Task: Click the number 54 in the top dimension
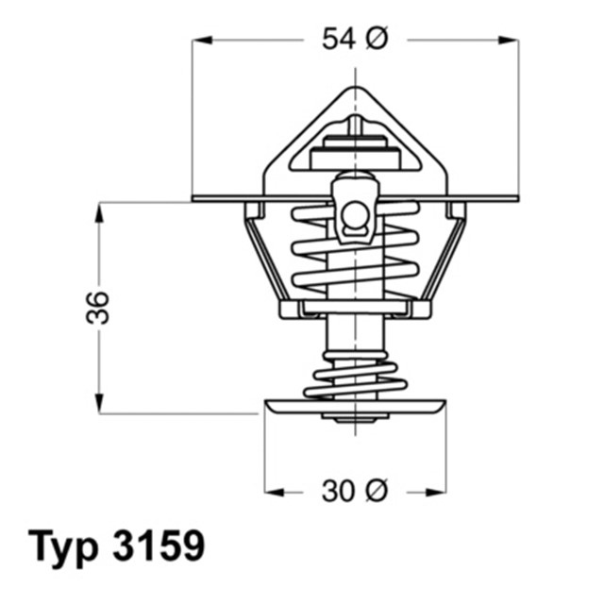pyautogui.click(x=339, y=40)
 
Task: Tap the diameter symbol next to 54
pyautogui.click(x=376, y=40)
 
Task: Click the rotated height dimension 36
pyautogui.click(x=98, y=308)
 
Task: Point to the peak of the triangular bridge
pyautogui.click(x=355, y=89)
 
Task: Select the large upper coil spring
pyautogui.click(x=355, y=250)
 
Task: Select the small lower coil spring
pyautogui.click(x=355, y=376)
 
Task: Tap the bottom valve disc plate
pyautogui.click(x=355, y=406)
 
